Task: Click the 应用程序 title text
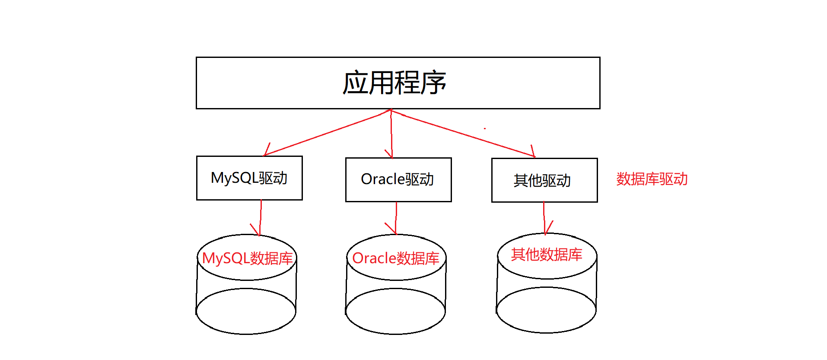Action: (x=394, y=83)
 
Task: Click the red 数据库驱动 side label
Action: (x=652, y=179)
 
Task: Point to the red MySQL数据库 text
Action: (x=247, y=258)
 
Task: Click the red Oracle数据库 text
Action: (x=395, y=258)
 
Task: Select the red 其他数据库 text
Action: (x=547, y=255)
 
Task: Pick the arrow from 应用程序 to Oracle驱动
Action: (x=391, y=134)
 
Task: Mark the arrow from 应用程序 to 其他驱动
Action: (x=462, y=134)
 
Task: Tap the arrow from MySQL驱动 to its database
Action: (x=261, y=217)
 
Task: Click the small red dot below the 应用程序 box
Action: (x=485, y=128)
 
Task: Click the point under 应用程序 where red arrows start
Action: (x=391, y=110)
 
